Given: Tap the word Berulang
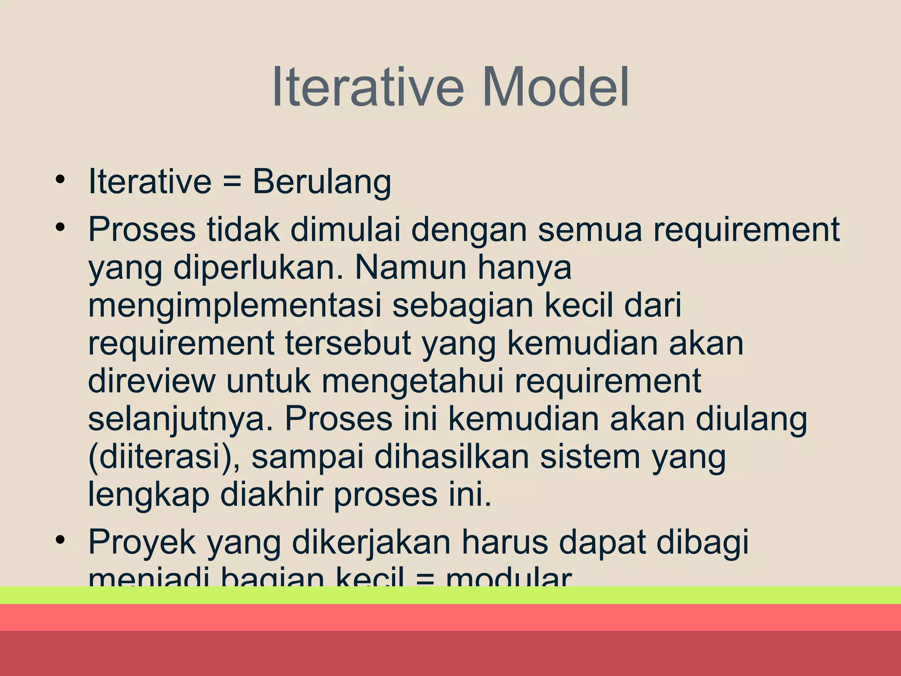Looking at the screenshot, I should [x=322, y=182].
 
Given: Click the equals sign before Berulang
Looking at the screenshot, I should [x=232, y=182].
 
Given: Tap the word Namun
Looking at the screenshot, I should [x=411, y=268].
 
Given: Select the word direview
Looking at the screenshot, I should [x=152, y=381].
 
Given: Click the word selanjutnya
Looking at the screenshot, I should [x=181, y=420].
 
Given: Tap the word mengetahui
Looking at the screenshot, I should [x=413, y=381].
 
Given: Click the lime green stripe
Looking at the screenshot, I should [x=450, y=595].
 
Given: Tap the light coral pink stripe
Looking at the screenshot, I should [x=450, y=617].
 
